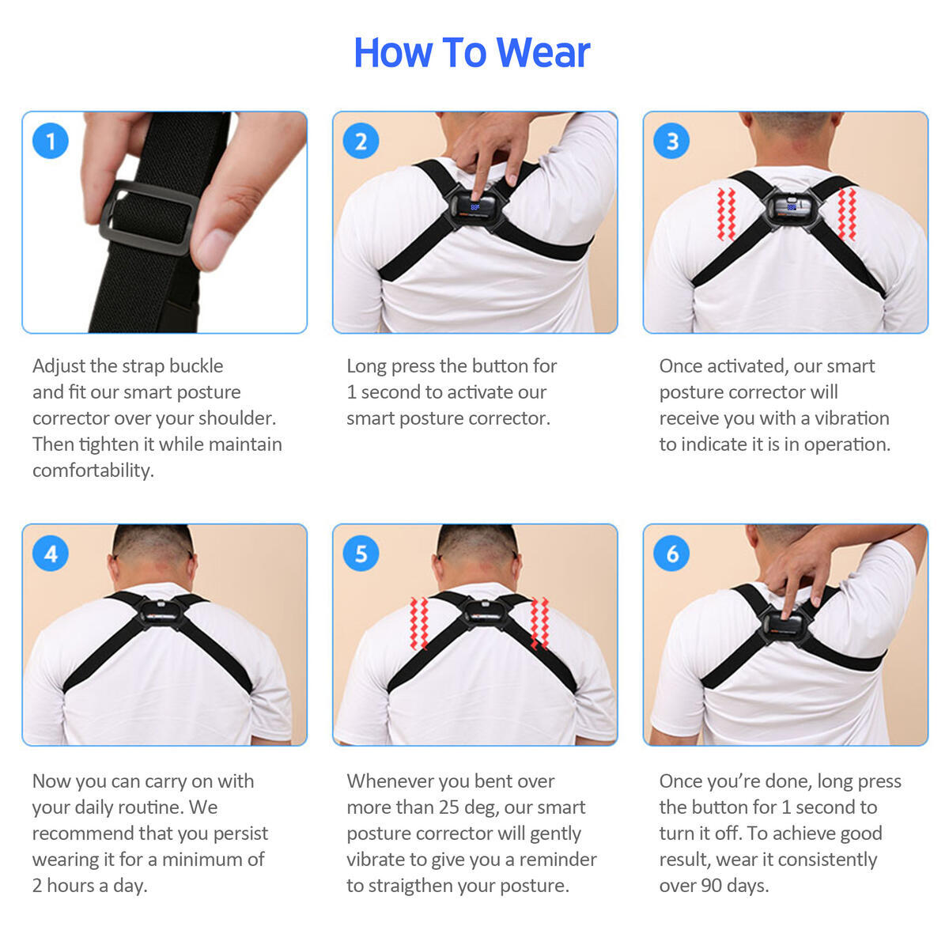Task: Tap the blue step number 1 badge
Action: point(51,141)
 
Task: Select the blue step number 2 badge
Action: point(361,141)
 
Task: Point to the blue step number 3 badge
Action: point(672,141)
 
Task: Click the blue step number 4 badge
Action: point(51,553)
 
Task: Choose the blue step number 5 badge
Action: point(361,553)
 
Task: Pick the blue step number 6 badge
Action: point(672,553)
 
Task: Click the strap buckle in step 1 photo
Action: point(149,218)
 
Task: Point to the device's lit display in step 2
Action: point(475,206)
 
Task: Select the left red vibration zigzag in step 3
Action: point(726,214)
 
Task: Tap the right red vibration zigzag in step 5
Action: point(539,622)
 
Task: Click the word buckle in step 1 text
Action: point(196,366)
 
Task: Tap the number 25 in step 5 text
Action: point(445,807)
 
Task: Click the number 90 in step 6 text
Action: point(713,886)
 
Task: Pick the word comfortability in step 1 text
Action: point(93,471)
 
